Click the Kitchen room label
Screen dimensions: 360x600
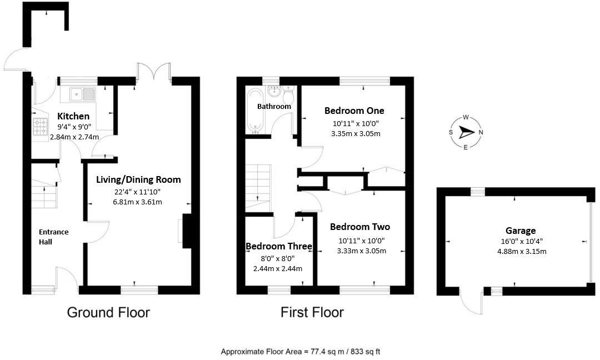pyautogui.click(x=73, y=116)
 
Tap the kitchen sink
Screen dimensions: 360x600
pyautogui.click(x=82, y=94)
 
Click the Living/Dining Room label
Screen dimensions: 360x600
pyautogui.click(x=138, y=179)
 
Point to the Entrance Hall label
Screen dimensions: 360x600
pyautogui.click(x=53, y=237)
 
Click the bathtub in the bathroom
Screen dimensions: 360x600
pyautogui.click(x=256, y=111)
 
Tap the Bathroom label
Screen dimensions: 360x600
pyautogui.click(x=274, y=106)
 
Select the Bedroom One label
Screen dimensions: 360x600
pyautogui.click(x=354, y=111)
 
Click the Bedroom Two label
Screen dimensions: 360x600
pyautogui.click(x=359, y=227)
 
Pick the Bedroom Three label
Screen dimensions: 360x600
pyautogui.click(x=279, y=246)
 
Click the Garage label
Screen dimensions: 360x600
pyautogui.click(x=520, y=231)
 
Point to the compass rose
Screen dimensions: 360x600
pyautogui.click(x=466, y=132)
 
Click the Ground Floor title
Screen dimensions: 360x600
pyautogui.click(x=108, y=312)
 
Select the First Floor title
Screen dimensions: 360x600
pyautogui.click(x=312, y=312)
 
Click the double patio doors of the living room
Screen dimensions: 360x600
pyautogui.click(x=154, y=73)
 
